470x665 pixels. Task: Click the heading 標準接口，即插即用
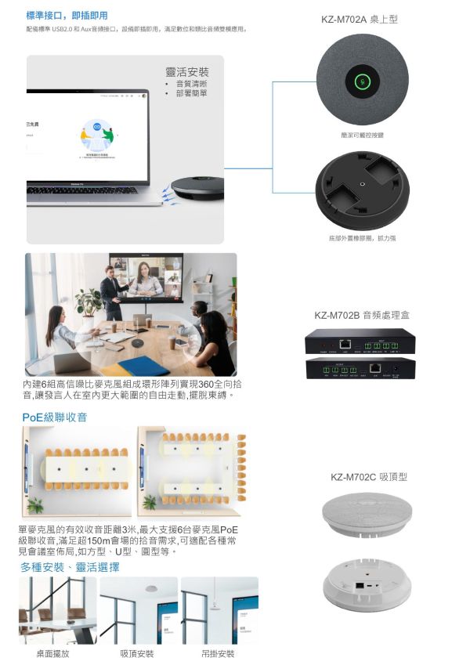(x=67, y=15)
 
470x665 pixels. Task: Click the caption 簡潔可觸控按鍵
(x=362, y=136)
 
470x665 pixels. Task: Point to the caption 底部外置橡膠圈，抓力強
(x=362, y=237)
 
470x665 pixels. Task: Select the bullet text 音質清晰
(x=191, y=84)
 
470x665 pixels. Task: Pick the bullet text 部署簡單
(x=191, y=94)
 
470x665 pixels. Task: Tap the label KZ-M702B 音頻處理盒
(x=362, y=316)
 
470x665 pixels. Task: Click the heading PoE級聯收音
(x=55, y=417)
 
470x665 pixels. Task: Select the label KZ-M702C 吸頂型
(x=368, y=476)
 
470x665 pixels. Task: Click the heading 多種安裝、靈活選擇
(x=70, y=567)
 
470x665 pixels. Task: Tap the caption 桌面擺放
(x=52, y=654)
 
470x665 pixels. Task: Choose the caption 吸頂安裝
(x=137, y=654)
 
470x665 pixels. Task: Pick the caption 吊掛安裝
(x=219, y=654)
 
